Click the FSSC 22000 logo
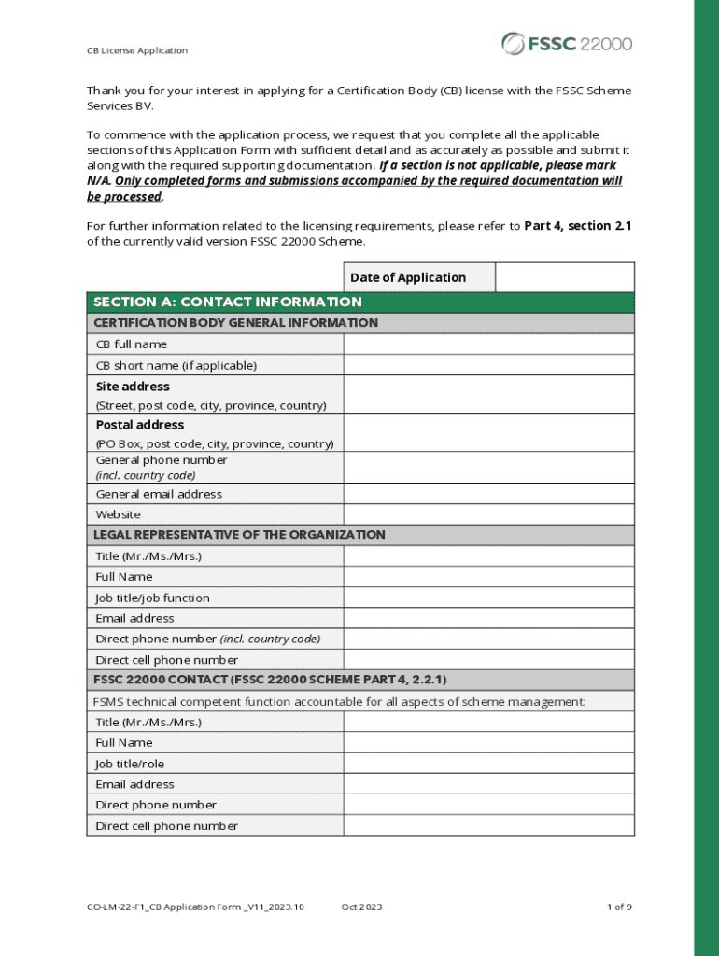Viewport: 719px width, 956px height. tap(567, 43)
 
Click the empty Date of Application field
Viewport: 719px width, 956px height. tap(564, 277)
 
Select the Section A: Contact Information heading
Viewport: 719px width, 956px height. tap(228, 302)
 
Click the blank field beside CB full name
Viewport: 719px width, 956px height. tap(488, 344)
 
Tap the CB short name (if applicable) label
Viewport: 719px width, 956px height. tap(176, 365)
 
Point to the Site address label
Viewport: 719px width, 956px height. tap(133, 387)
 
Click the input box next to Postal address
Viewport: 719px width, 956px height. tap(488, 433)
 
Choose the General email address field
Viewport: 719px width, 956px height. tap(488, 494)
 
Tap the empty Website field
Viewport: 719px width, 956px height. tap(488, 514)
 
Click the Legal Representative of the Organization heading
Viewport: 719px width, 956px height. tap(239, 535)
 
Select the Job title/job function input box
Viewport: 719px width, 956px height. tap(488, 597)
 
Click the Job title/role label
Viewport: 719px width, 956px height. tap(130, 764)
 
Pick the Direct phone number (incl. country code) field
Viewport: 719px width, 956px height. tap(488, 640)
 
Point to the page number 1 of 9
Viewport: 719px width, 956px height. tap(619, 907)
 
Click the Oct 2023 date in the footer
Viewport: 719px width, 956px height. tap(361, 907)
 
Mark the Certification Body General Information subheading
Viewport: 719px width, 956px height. tap(235, 323)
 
